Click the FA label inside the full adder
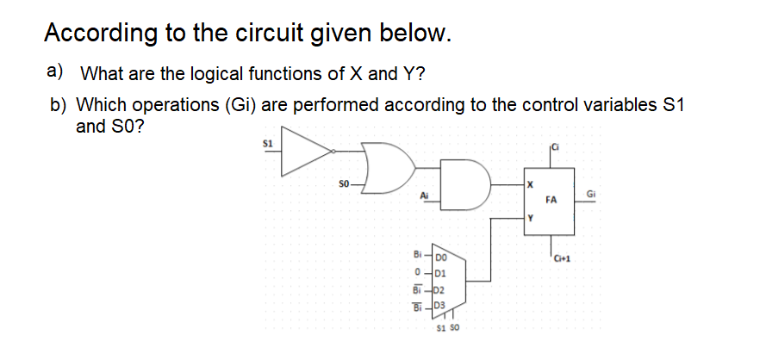pos(551,200)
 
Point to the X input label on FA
pos(531,184)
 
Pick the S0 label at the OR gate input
pos(343,183)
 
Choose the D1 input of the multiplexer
pos(440,273)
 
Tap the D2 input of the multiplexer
pos(440,289)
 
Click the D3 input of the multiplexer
pos(440,306)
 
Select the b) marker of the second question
pos(58,105)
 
